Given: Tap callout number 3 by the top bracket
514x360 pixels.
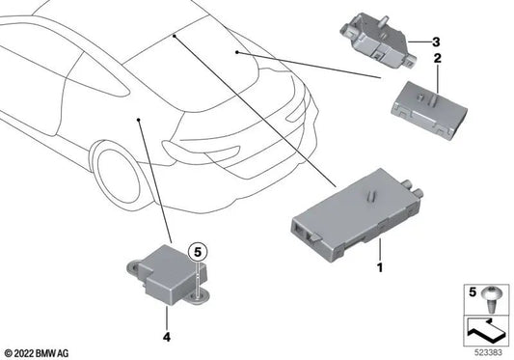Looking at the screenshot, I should point(436,42).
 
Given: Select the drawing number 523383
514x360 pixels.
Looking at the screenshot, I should point(489,350).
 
